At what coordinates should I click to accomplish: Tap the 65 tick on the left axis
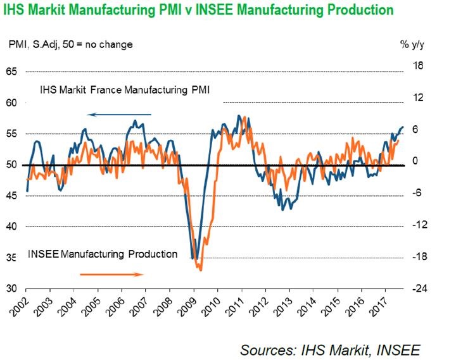coord(11,71)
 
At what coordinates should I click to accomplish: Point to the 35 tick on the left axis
coord(11,258)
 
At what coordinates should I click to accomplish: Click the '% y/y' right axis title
coord(414,44)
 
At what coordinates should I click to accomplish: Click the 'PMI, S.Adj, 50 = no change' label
coord(70,44)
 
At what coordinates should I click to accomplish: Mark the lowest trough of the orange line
coord(200,270)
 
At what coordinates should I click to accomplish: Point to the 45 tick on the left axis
coord(11,196)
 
